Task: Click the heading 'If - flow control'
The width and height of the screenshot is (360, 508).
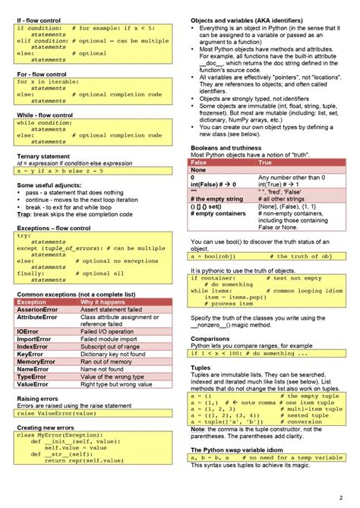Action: tap(39, 18)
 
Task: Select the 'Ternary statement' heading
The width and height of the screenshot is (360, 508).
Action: tap(43, 156)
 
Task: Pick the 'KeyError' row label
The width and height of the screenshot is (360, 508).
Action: tap(30, 354)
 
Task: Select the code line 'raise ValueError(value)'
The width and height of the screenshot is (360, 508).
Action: tap(57, 414)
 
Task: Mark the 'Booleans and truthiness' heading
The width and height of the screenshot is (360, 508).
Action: tap(226, 148)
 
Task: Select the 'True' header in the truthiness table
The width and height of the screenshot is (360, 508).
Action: tap(266, 162)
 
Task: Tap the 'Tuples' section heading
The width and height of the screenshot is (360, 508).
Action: tap(201, 368)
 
